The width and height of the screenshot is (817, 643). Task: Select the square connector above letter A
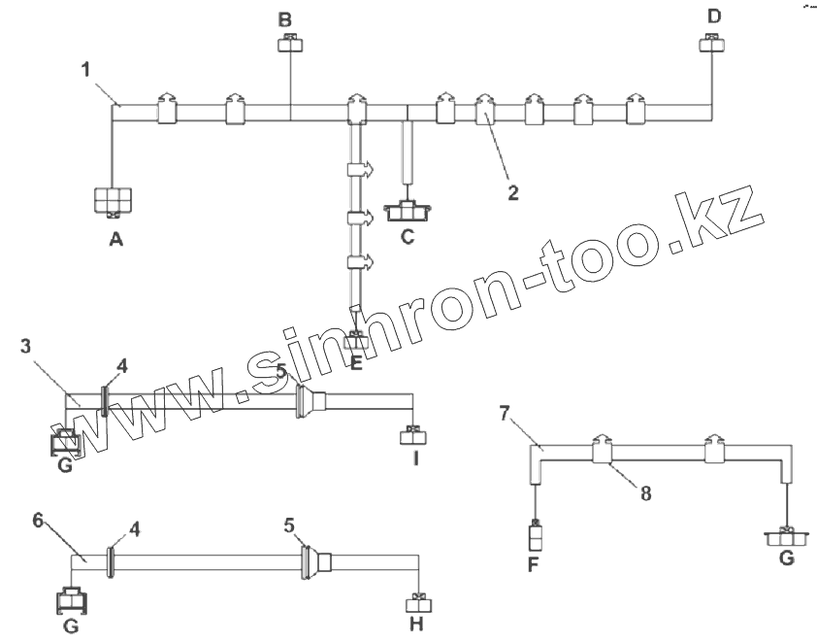(114, 200)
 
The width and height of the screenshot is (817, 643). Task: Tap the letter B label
(284, 18)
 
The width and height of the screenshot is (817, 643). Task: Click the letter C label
(408, 235)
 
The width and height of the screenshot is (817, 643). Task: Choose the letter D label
(715, 16)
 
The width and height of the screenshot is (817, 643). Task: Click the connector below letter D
(711, 43)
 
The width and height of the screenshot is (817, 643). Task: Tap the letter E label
(356, 363)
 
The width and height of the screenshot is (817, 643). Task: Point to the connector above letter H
(417, 602)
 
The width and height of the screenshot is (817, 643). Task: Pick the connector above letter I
(414, 434)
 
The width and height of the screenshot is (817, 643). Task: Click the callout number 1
(86, 69)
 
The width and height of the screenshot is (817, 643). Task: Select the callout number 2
(512, 190)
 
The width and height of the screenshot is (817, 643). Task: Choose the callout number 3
(26, 347)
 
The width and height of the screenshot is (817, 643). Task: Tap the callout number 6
(38, 520)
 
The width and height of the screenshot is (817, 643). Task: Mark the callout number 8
(644, 492)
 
